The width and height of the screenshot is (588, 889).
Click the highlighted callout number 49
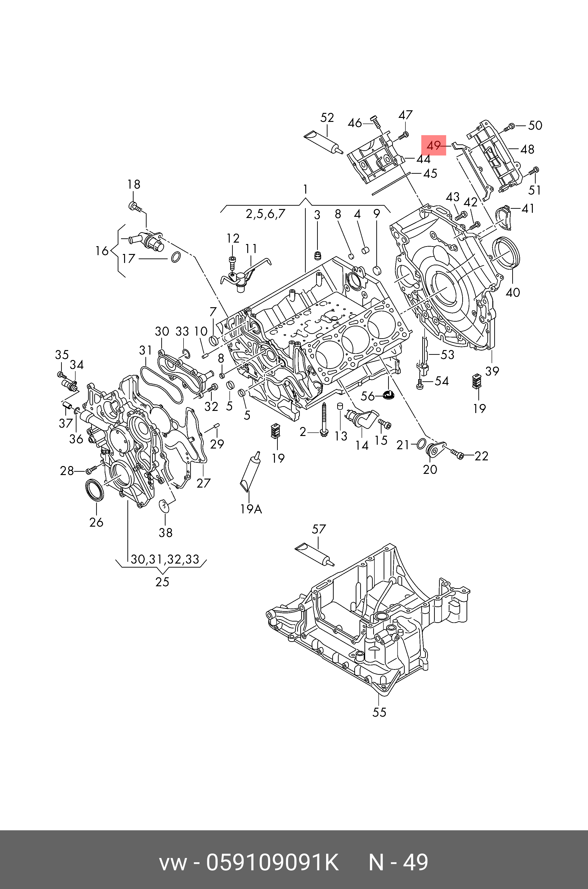[434, 145]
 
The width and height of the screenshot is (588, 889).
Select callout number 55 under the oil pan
[379, 712]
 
